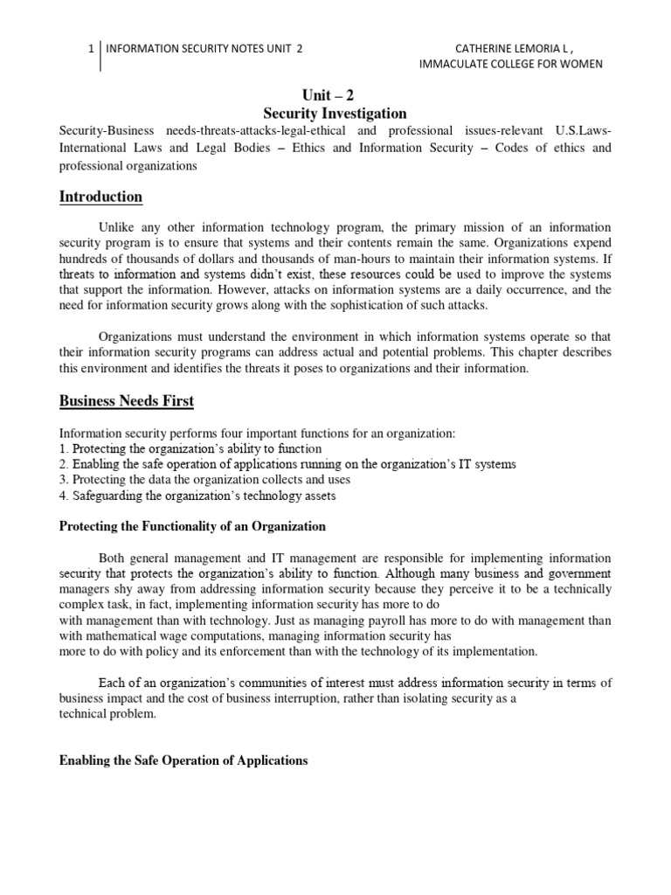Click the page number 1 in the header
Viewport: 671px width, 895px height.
[x=91, y=49]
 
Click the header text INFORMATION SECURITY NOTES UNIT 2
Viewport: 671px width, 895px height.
[x=204, y=49]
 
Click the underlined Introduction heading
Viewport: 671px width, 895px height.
[x=100, y=197]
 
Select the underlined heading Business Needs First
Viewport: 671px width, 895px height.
[x=126, y=401]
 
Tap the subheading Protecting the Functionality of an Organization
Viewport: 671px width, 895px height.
[x=192, y=526]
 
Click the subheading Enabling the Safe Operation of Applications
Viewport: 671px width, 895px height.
[x=183, y=760]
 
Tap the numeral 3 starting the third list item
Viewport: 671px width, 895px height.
[x=62, y=480]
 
